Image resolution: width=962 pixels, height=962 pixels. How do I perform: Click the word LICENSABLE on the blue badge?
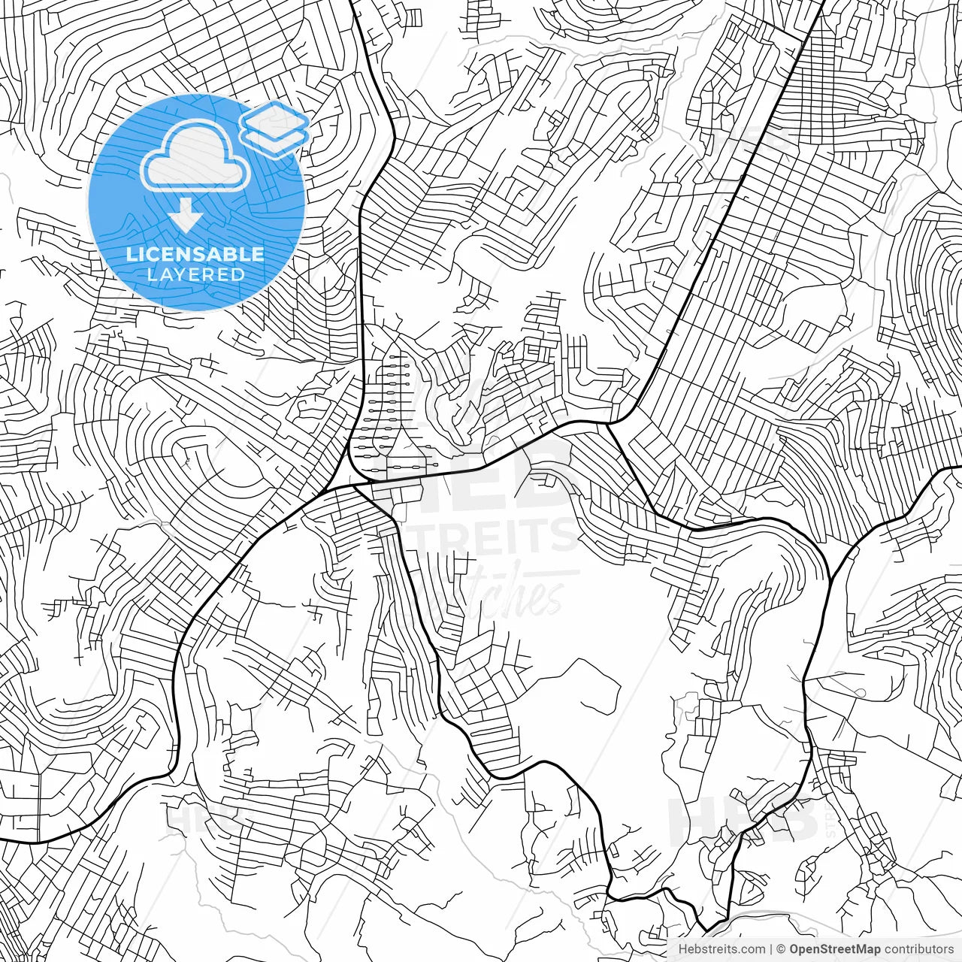(x=195, y=254)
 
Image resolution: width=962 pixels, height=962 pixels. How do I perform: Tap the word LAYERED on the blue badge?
(x=195, y=274)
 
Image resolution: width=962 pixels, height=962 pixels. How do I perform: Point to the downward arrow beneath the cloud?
(x=185, y=216)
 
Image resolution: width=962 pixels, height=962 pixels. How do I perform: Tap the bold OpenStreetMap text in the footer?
(x=834, y=949)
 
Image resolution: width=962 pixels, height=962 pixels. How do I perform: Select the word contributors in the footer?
(x=918, y=949)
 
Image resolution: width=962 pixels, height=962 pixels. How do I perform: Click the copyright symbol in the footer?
(x=781, y=949)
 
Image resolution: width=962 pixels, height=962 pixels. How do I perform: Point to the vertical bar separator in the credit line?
(x=772, y=949)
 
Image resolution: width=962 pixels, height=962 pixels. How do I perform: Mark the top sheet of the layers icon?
(x=274, y=116)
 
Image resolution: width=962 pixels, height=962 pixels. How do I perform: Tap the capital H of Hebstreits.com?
(x=682, y=949)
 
